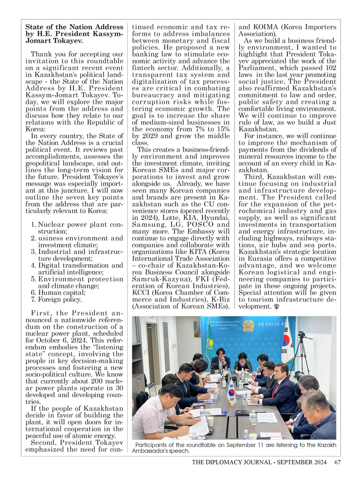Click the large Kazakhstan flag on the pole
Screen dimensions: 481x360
pyautogui.click(x=210, y=344)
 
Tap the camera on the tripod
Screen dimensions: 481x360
pyautogui.click(x=302, y=337)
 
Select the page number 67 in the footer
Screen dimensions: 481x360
pyautogui.click(x=337, y=462)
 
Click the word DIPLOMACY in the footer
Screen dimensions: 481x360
pyautogui.click(x=244, y=462)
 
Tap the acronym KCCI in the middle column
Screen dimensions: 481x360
pyautogui.click(x=141, y=293)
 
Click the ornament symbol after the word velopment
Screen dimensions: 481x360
pyautogui.click(x=274, y=307)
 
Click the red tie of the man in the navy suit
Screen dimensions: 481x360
pyautogui.click(x=275, y=388)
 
